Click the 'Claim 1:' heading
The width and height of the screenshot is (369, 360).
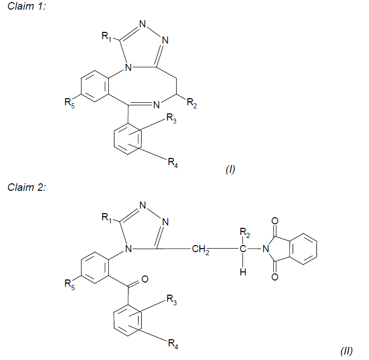(27, 6)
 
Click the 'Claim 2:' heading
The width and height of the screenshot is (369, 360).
(27, 187)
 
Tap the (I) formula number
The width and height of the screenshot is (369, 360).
(230, 169)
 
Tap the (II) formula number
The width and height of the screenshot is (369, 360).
(347, 351)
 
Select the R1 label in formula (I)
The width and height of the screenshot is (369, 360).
(106, 36)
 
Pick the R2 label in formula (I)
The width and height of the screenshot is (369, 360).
(192, 103)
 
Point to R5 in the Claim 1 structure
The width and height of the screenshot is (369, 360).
(70, 103)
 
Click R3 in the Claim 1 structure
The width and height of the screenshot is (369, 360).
(171, 118)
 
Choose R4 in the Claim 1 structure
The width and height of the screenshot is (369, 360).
(173, 163)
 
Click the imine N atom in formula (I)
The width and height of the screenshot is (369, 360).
(156, 105)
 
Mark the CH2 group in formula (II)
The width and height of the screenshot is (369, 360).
(200, 249)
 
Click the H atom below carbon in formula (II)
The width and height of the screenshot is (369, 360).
(243, 272)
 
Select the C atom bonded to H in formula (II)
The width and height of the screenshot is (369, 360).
(243, 249)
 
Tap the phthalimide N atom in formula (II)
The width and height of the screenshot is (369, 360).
(266, 249)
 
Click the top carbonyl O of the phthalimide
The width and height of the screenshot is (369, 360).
(275, 221)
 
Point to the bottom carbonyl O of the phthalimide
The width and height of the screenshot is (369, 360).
(275, 277)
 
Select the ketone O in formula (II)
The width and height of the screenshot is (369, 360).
(145, 279)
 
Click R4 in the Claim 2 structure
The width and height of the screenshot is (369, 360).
(173, 344)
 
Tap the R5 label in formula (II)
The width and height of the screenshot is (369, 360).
(70, 285)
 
